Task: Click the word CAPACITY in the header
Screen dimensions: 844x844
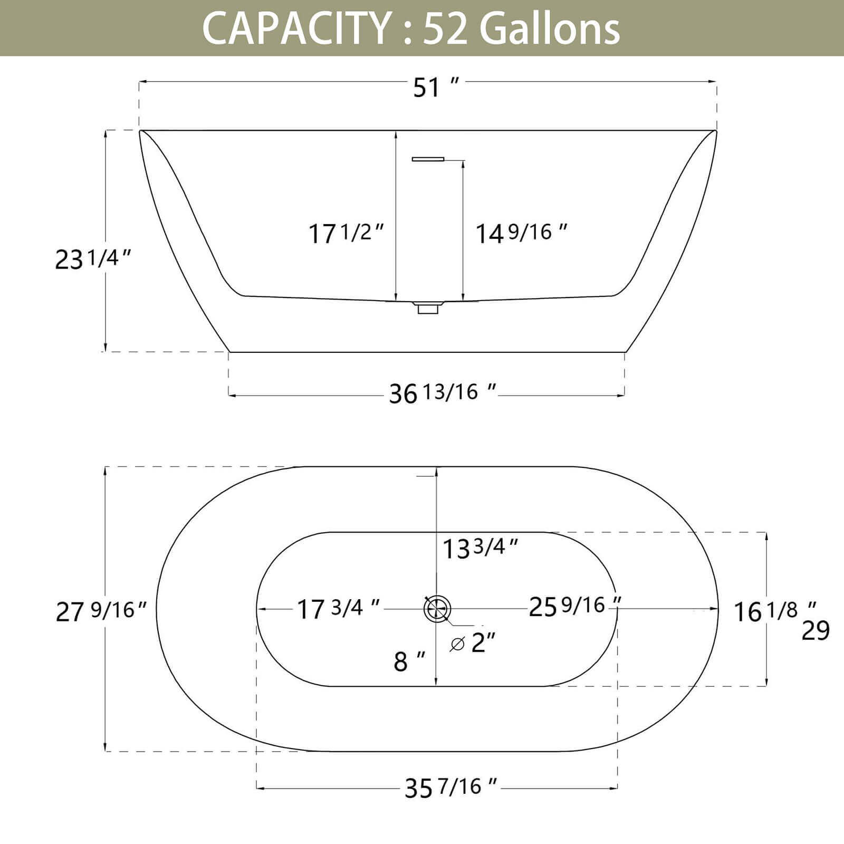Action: [295, 28]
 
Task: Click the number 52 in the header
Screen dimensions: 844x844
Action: [445, 28]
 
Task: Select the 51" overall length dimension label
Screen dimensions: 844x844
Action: [435, 87]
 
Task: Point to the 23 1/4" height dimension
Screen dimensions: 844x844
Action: [93, 259]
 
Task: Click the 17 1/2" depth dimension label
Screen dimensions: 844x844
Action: [346, 233]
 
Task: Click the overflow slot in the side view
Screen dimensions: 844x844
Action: [428, 159]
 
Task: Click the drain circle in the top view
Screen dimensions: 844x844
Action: [437, 609]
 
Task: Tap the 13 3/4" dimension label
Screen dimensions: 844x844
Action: [480, 549]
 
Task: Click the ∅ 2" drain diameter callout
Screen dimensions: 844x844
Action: [473, 643]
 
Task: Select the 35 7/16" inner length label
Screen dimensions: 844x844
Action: [450, 788]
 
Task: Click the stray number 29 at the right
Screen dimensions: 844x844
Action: [816, 630]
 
